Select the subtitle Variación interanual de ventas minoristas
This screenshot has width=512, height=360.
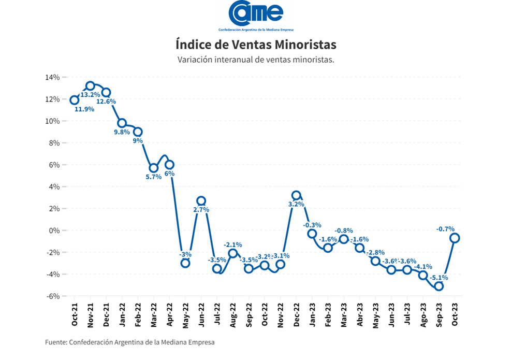256,60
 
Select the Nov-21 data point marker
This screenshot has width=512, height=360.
90,86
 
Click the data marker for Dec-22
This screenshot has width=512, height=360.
296,195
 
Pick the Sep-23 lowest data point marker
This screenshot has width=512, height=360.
439,286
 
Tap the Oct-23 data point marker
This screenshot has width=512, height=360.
455,238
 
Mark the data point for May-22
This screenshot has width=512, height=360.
185,263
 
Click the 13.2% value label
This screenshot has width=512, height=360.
90,95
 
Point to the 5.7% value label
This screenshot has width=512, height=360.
153,177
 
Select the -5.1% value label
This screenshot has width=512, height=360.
438,277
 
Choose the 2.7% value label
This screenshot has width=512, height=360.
201,210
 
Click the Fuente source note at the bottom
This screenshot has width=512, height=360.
129,342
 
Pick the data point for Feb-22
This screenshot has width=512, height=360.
138,132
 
